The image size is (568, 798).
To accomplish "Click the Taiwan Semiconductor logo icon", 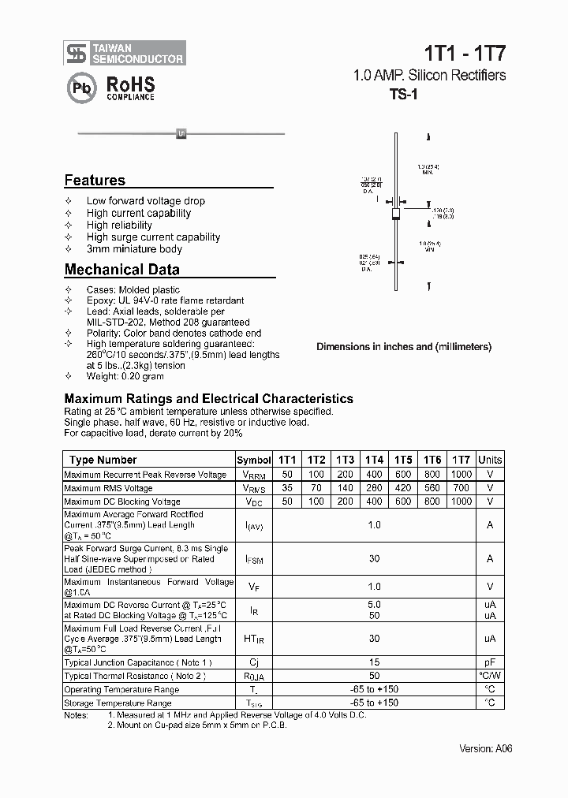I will pos(77,53).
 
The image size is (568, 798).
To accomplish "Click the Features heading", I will pos(95,180).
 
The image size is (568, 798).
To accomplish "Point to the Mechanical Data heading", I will pos(121,270).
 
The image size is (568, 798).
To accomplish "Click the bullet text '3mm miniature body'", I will pos(134,249).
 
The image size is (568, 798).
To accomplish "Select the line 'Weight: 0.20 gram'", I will pos(125,377).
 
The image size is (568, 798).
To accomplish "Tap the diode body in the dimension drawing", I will pos(397,213).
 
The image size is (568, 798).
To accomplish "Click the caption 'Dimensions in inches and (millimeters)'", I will pos(404,347).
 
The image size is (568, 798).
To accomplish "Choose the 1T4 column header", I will pos(374,460).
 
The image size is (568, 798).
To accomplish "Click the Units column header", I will pos(490,460).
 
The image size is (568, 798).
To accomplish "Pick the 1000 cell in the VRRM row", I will pos(461,475).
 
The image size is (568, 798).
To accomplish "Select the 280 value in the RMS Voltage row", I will pos(374,488).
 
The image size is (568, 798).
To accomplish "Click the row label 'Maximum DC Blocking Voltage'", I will pos(122,502).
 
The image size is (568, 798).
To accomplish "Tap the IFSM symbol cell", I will pos(254,558).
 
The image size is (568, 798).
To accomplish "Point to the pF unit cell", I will pos(490,663).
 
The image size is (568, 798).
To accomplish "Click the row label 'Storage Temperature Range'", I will pos(118,703).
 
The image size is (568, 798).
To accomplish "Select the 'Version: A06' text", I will pos(485,748).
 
